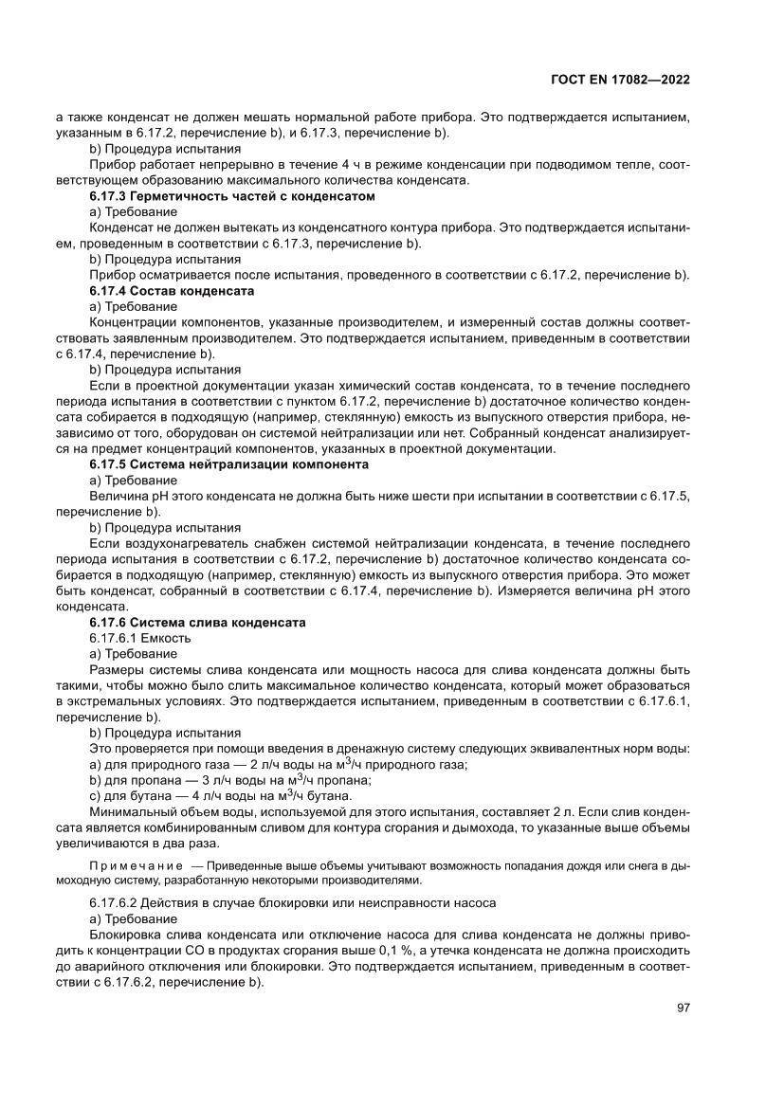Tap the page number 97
(x=683, y=1007)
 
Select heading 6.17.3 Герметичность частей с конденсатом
(x=232, y=196)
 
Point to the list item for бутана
(x=220, y=795)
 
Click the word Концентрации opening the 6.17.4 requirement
(x=134, y=321)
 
